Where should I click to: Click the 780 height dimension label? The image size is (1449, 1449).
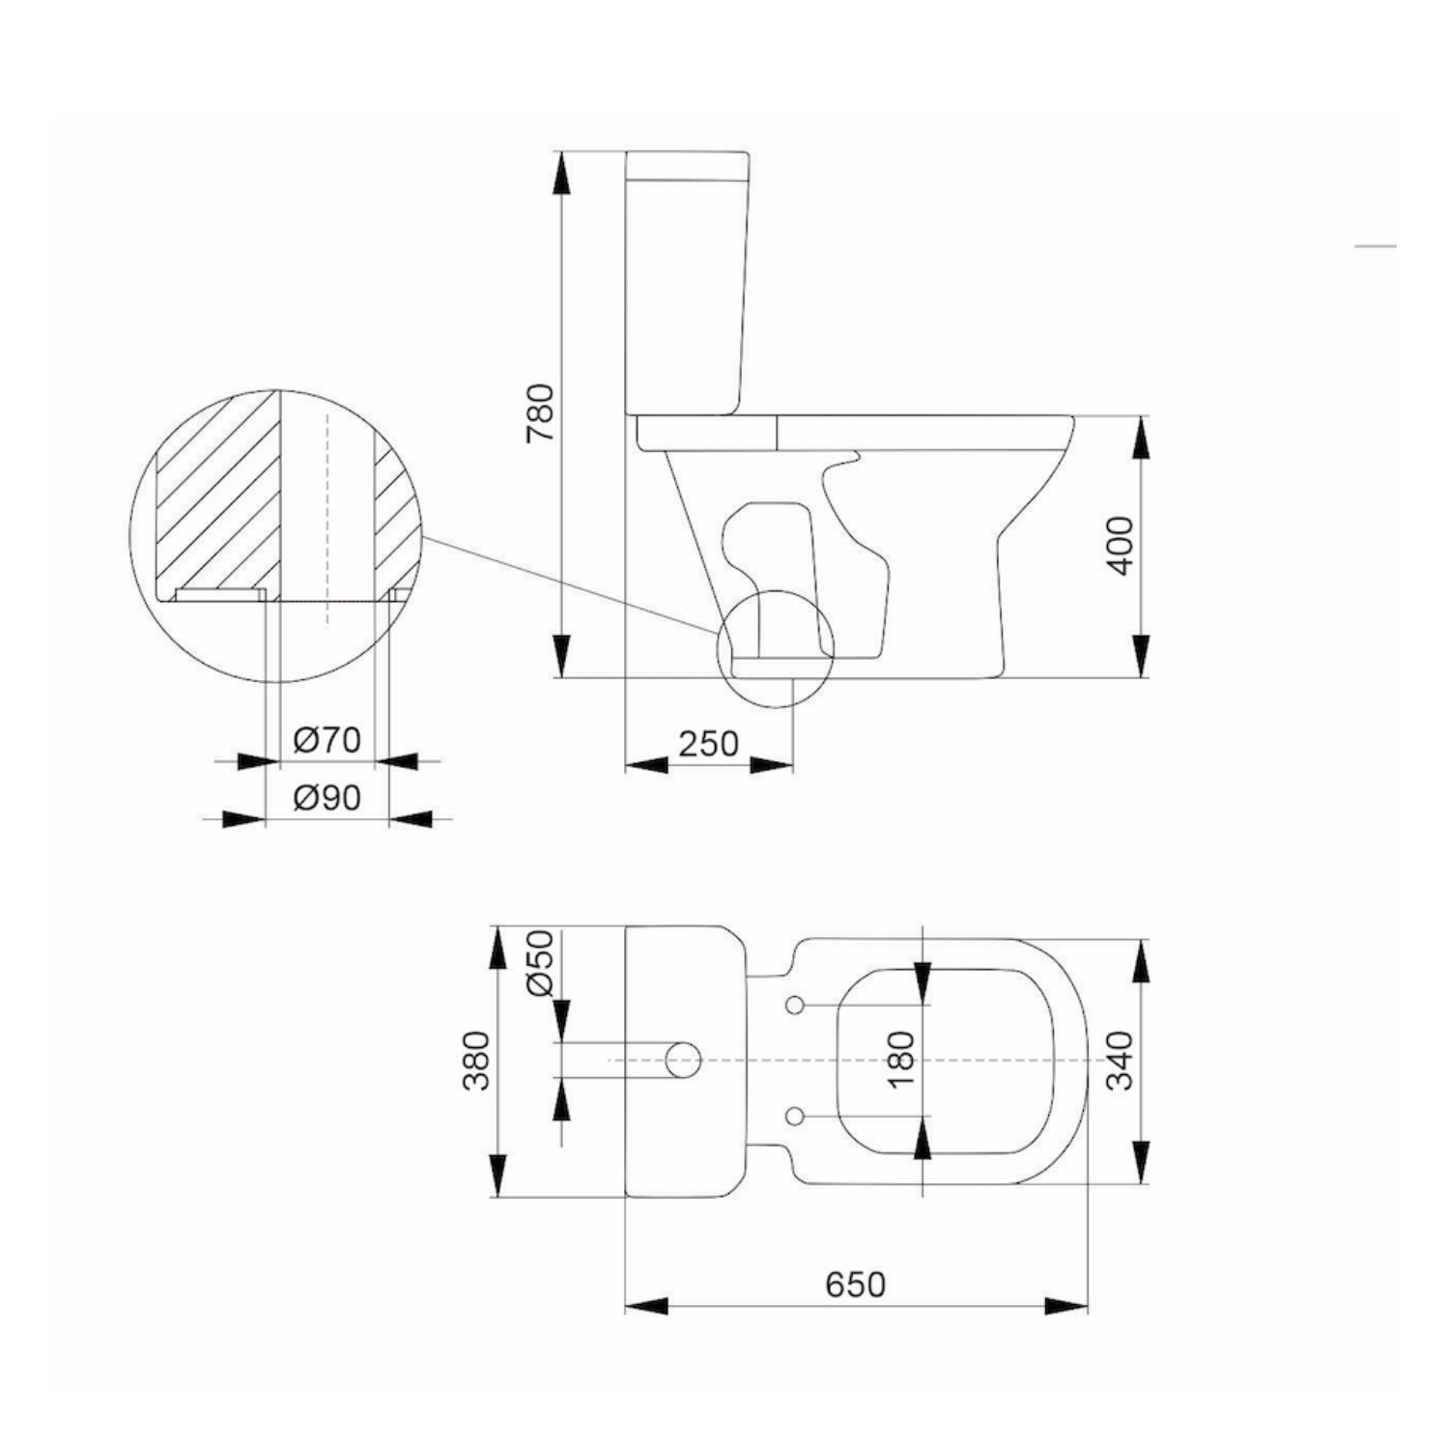click(x=542, y=412)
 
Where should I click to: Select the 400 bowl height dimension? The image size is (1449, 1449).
click(x=1121, y=546)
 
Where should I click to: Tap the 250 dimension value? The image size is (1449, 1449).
click(x=708, y=744)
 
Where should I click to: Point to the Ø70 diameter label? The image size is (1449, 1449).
click(x=327, y=741)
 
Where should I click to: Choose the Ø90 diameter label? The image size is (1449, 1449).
click(x=327, y=798)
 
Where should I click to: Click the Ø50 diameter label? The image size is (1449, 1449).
click(x=540, y=963)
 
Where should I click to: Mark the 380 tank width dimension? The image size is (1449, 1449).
click(x=476, y=1061)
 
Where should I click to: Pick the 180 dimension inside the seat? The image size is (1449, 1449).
click(x=900, y=1060)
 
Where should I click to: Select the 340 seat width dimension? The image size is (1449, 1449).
click(x=1120, y=1061)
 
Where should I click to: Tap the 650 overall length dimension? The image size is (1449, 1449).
click(x=855, y=1285)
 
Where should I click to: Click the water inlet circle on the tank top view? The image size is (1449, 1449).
click(x=683, y=1061)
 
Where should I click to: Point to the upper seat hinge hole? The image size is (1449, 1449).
click(x=795, y=1006)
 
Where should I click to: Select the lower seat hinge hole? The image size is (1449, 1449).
click(x=795, y=1116)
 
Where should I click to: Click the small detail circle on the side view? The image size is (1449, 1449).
click(x=775, y=648)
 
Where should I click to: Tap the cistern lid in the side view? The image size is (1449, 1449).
click(x=687, y=165)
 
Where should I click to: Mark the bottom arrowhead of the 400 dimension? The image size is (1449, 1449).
click(x=1141, y=657)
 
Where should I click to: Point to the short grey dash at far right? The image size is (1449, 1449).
click(x=1375, y=246)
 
